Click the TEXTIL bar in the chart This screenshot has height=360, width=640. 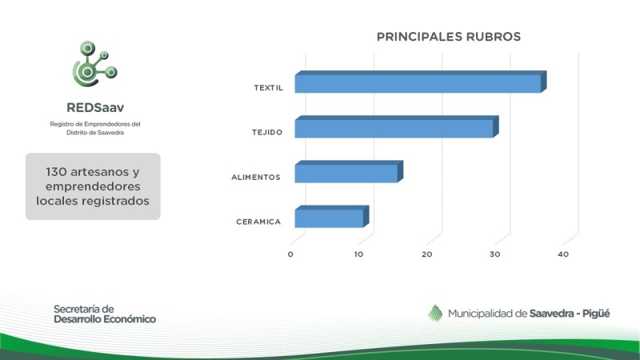click(421, 82)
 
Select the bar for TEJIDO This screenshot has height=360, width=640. click(397, 126)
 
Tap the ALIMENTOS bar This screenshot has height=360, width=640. click(349, 171)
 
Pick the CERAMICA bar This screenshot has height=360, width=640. click(332, 216)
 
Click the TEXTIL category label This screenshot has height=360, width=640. click(268, 88)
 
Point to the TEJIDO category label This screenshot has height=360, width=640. click(267, 132)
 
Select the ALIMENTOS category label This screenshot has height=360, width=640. click(256, 177)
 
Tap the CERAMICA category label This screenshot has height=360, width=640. click(258, 222)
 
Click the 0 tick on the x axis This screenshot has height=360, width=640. click(290, 254)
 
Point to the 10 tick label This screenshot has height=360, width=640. click(358, 254)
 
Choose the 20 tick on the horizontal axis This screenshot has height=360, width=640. click(426, 254)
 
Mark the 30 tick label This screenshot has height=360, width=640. click(494, 254)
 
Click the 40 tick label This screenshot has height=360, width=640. click(563, 254)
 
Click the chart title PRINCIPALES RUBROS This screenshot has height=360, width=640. click(449, 37)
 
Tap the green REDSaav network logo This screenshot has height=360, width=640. click(94, 64)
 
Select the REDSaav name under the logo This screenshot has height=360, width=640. click(95, 107)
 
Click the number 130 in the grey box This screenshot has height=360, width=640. click(56, 172)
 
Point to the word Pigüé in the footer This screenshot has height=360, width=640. click(596, 314)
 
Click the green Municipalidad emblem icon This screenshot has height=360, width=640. click(435, 314)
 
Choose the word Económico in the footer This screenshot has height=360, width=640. click(130, 319)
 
